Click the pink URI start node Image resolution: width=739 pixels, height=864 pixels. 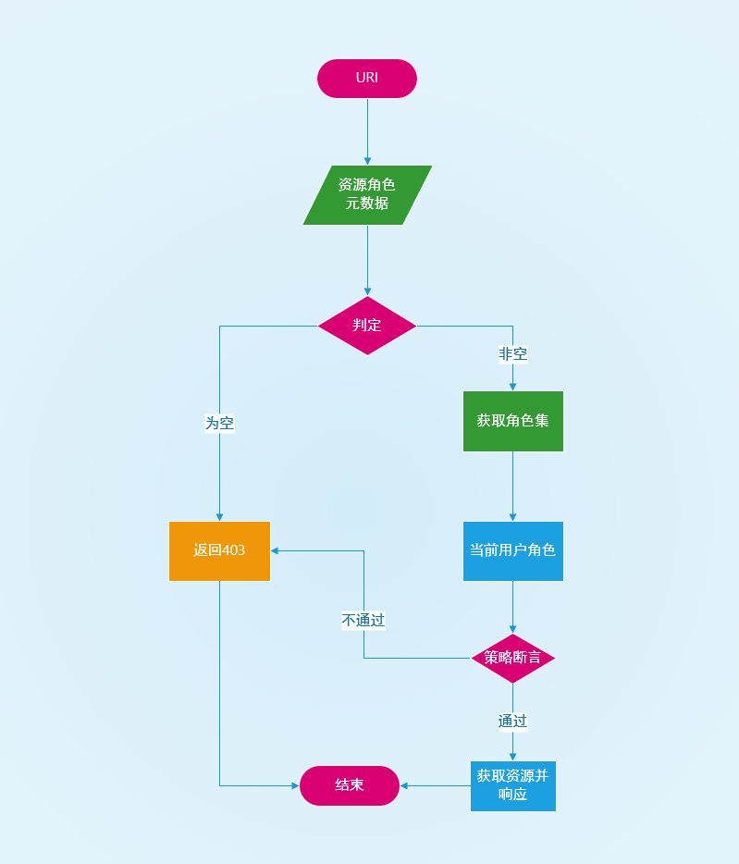367,79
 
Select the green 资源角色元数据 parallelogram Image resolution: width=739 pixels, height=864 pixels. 367,195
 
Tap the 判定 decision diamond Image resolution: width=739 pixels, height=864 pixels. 367,326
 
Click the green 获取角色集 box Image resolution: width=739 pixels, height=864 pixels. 513,421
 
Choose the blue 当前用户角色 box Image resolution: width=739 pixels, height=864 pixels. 513,550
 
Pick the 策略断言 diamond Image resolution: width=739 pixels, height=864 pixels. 513,659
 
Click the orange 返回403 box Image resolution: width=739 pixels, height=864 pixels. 219,550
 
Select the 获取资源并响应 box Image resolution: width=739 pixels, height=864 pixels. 513,785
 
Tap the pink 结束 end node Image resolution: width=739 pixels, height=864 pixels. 350,785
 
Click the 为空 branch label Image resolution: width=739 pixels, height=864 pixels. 219,423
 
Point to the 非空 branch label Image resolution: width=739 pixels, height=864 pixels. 513,353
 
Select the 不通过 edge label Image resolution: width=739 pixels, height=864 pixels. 363,620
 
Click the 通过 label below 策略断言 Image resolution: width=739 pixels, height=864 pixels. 513,721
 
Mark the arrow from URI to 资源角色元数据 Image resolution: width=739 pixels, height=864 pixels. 367,130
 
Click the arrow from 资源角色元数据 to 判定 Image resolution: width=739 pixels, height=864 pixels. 367,260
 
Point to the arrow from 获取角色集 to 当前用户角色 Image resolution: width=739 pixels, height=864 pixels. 513,487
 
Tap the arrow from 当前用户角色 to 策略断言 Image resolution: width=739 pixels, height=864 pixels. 513,607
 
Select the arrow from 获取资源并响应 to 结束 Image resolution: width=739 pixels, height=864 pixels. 435,785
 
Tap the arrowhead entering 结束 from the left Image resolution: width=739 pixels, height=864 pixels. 294,785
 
